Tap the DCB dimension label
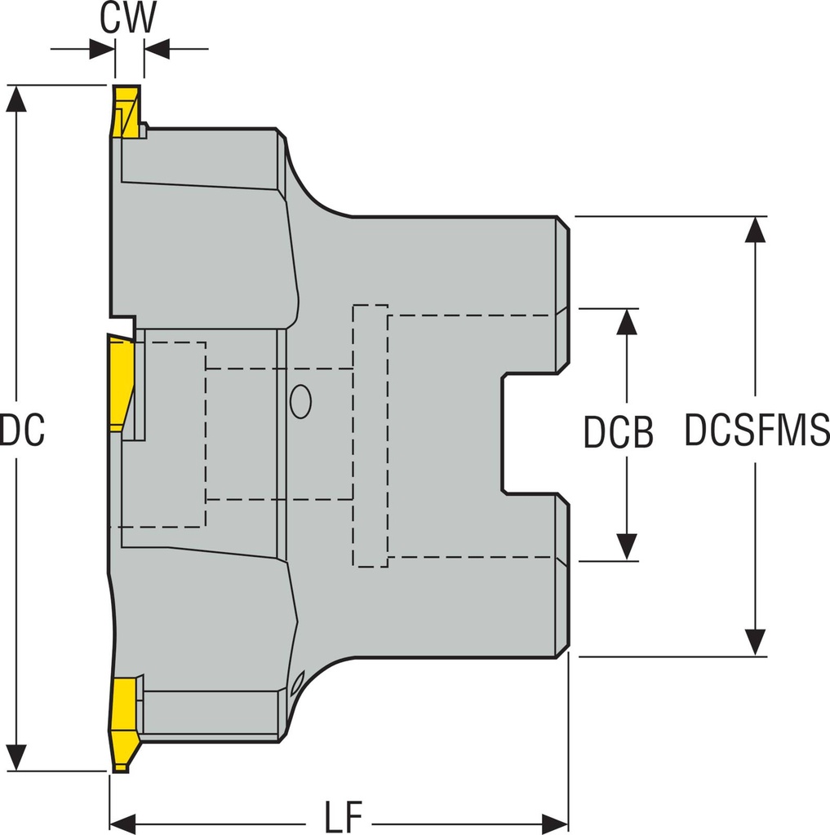click(x=618, y=433)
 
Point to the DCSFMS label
click(x=757, y=430)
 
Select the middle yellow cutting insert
click(x=120, y=382)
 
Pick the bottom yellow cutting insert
click(x=124, y=722)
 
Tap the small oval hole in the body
click(x=300, y=401)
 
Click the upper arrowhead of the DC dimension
click(x=16, y=98)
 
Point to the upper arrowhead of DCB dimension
click(x=626, y=322)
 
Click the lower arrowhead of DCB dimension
click(x=626, y=547)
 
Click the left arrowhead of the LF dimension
click(x=122, y=820)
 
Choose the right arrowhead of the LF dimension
click(x=556, y=820)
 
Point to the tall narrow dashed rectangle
click(x=370, y=435)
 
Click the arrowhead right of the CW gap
click(x=156, y=49)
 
